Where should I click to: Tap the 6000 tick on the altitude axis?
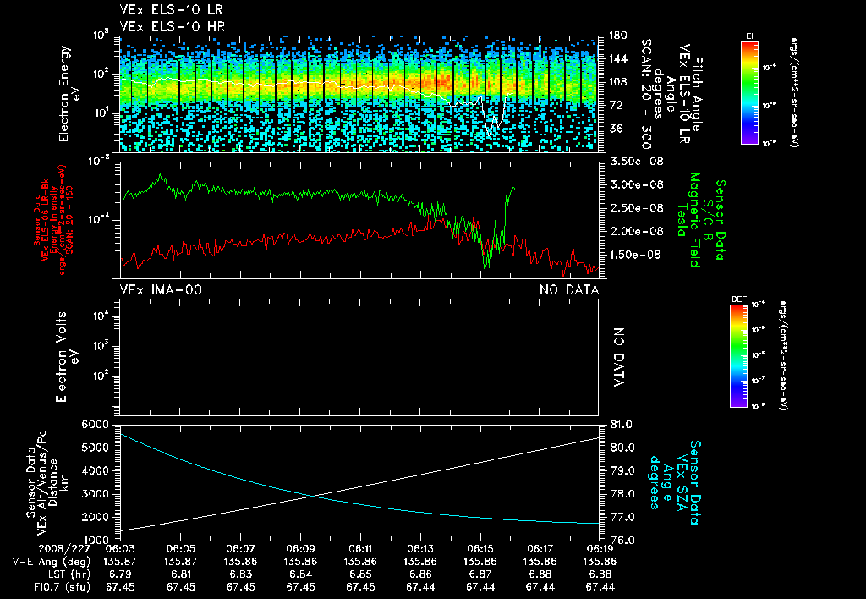pos(98,424)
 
